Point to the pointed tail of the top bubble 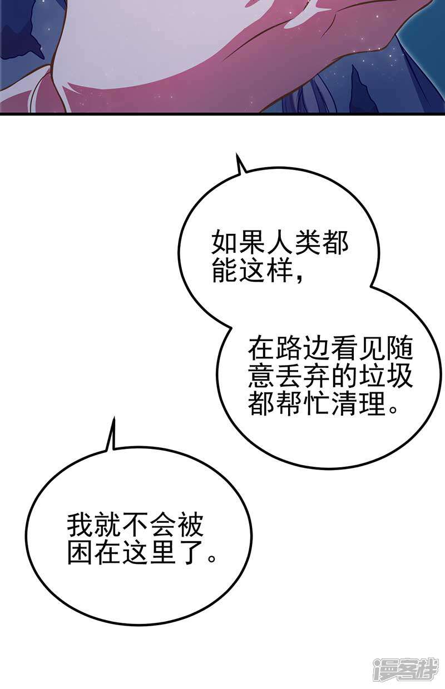click(x=236, y=153)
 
